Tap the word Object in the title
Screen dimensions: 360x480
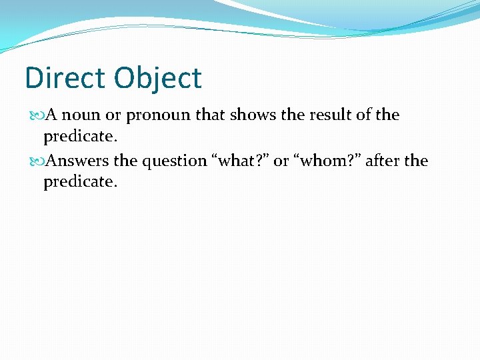tap(157, 78)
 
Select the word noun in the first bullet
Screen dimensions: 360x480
tap(82, 115)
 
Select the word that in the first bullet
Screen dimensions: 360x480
tap(211, 115)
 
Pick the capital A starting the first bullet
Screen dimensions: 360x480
tap(51, 115)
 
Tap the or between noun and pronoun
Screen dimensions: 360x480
tap(113, 116)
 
